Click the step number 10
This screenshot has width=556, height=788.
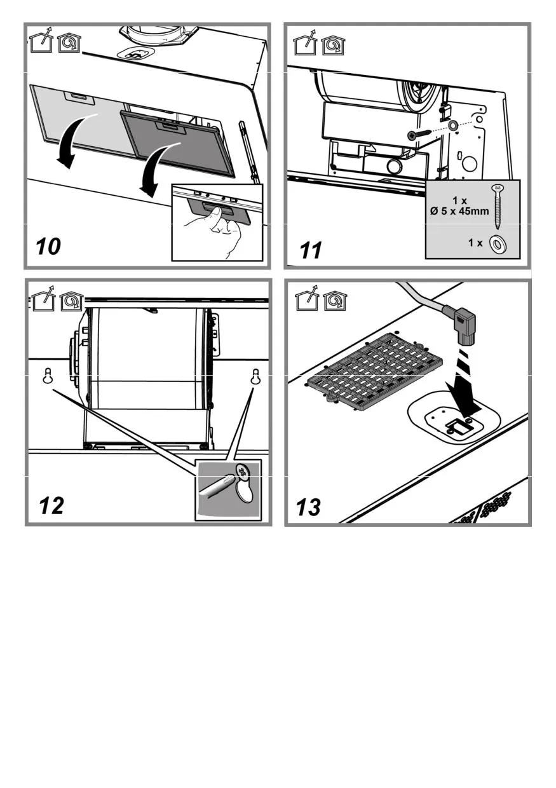[x=49, y=245]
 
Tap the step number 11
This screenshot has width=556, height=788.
[x=311, y=250]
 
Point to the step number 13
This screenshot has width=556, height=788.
[x=309, y=508]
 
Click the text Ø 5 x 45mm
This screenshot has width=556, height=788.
[x=459, y=211]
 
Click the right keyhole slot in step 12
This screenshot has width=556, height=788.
[x=255, y=376]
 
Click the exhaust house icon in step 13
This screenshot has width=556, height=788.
[x=306, y=301]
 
